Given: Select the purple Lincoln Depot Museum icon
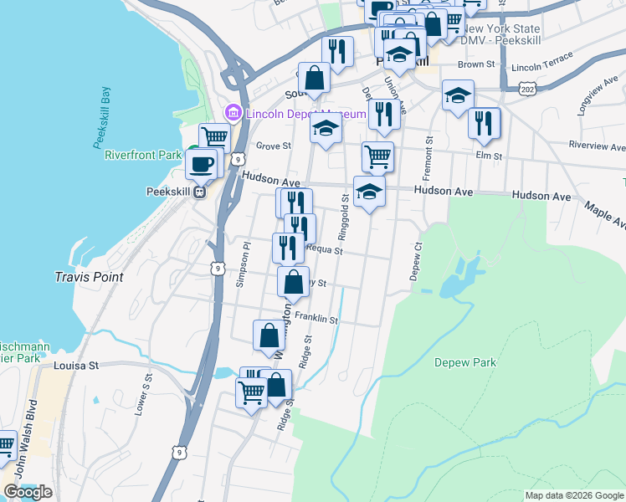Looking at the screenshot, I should (233, 113).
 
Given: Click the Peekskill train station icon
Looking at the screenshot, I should (199, 192).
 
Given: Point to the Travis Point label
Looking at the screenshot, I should (89, 276).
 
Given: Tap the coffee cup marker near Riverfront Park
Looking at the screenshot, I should (201, 163).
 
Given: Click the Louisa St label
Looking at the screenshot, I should (76, 366).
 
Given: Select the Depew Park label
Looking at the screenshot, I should (465, 362).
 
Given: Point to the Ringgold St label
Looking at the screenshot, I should (343, 213).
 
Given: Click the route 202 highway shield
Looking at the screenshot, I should (527, 88).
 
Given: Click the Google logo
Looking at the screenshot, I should (28, 492).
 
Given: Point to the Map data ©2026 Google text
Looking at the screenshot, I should (573, 495).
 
